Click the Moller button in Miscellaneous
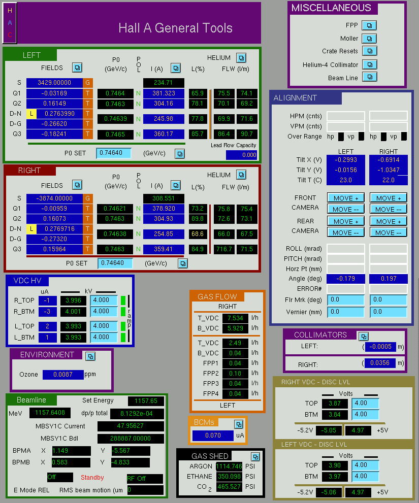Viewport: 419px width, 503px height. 369,39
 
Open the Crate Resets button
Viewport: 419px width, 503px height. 370,51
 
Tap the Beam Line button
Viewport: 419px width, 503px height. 370,77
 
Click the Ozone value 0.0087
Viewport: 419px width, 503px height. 63,375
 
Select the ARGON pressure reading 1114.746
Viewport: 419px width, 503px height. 229,466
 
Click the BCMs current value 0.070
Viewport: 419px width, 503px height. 213,435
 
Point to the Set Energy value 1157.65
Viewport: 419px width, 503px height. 146,400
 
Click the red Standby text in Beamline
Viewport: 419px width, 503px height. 92,477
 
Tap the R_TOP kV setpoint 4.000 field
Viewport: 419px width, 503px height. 104,300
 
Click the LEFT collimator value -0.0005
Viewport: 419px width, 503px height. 380,347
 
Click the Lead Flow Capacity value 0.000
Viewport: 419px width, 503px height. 241,155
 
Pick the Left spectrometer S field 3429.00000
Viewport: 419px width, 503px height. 54,83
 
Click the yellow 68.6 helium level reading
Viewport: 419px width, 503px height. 198,234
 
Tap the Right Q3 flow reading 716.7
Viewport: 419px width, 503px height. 224,249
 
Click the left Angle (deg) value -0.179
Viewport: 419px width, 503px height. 345,279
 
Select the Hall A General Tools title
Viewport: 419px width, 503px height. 175,28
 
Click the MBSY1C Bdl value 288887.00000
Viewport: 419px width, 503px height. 131,439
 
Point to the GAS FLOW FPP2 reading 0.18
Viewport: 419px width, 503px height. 235,374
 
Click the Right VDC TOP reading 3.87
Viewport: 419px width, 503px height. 335,403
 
